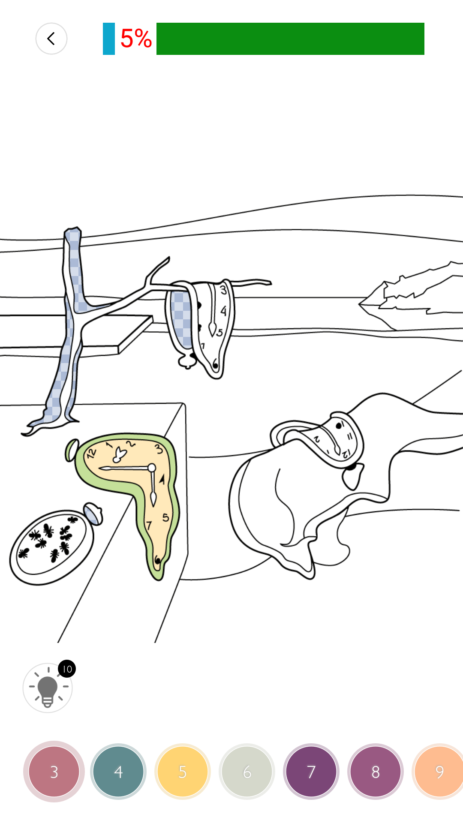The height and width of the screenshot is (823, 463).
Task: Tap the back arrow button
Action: point(51,39)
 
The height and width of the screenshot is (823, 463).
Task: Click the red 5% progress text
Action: point(136,39)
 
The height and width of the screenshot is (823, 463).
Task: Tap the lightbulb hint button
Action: point(48,688)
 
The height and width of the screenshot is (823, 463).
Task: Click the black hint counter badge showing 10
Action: point(67,669)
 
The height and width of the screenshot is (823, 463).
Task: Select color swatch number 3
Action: point(54,772)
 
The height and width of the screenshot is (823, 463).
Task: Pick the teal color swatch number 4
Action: point(118,772)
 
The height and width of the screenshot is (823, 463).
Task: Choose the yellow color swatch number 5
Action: point(183,772)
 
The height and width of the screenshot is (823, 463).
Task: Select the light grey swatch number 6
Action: point(247,772)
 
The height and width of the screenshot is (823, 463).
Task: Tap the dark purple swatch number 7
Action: point(311,772)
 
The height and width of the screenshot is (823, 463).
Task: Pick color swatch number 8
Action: point(376,772)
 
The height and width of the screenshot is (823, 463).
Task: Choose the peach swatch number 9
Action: point(438,772)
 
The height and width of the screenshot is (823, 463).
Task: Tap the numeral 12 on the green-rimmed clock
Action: point(91,453)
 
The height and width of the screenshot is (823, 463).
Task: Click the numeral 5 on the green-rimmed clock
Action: point(165,518)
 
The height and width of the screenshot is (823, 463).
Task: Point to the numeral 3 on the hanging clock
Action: point(223,290)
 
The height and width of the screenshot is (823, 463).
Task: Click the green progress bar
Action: point(290,39)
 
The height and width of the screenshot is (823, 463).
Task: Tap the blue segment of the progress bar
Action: point(109,39)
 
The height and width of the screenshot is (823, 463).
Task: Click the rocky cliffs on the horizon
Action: point(411,296)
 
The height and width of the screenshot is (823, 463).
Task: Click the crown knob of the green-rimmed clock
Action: point(72,450)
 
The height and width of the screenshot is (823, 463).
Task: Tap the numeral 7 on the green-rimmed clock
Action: point(149,526)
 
